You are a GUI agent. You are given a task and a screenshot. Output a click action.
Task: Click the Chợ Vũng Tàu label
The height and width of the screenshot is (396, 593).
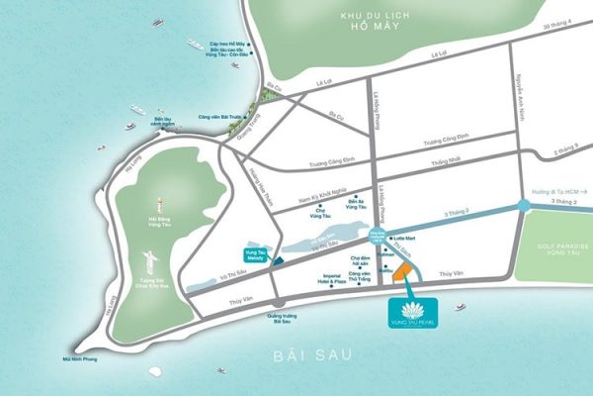[320, 212]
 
